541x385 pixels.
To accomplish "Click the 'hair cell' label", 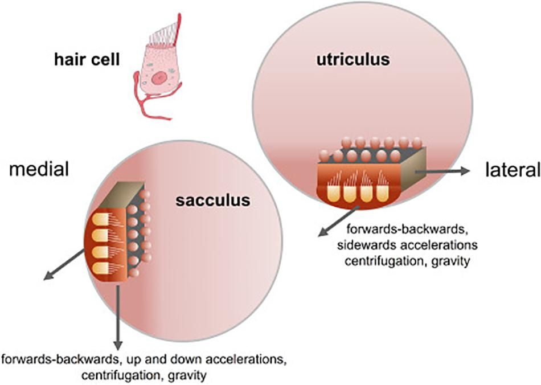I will (x=87, y=75).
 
